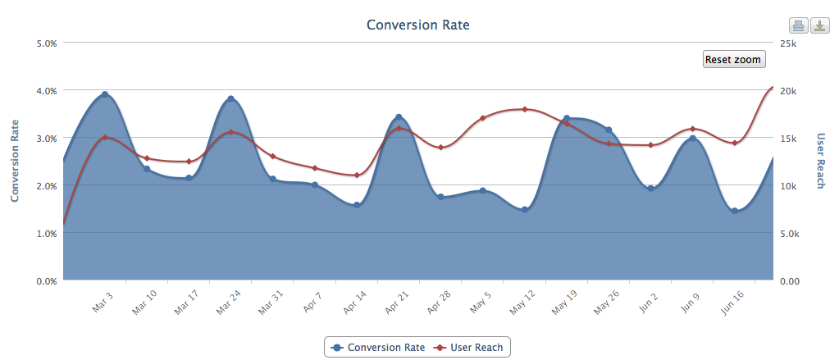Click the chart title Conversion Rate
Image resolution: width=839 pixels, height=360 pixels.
(417, 24)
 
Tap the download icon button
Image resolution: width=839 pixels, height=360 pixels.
(819, 25)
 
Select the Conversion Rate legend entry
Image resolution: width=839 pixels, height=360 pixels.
(378, 347)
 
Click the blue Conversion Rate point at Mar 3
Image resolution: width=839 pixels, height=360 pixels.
(105, 95)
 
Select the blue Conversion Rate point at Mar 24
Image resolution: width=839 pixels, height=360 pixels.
(231, 99)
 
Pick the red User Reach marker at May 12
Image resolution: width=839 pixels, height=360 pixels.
(524, 109)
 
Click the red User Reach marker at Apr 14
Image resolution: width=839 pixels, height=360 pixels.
(357, 175)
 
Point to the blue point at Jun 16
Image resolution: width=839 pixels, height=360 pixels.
(735, 211)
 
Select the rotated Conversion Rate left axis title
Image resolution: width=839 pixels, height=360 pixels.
(15, 161)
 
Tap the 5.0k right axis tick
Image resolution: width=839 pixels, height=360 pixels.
(791, 233)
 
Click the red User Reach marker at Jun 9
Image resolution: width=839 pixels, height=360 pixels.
(693, 129)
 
